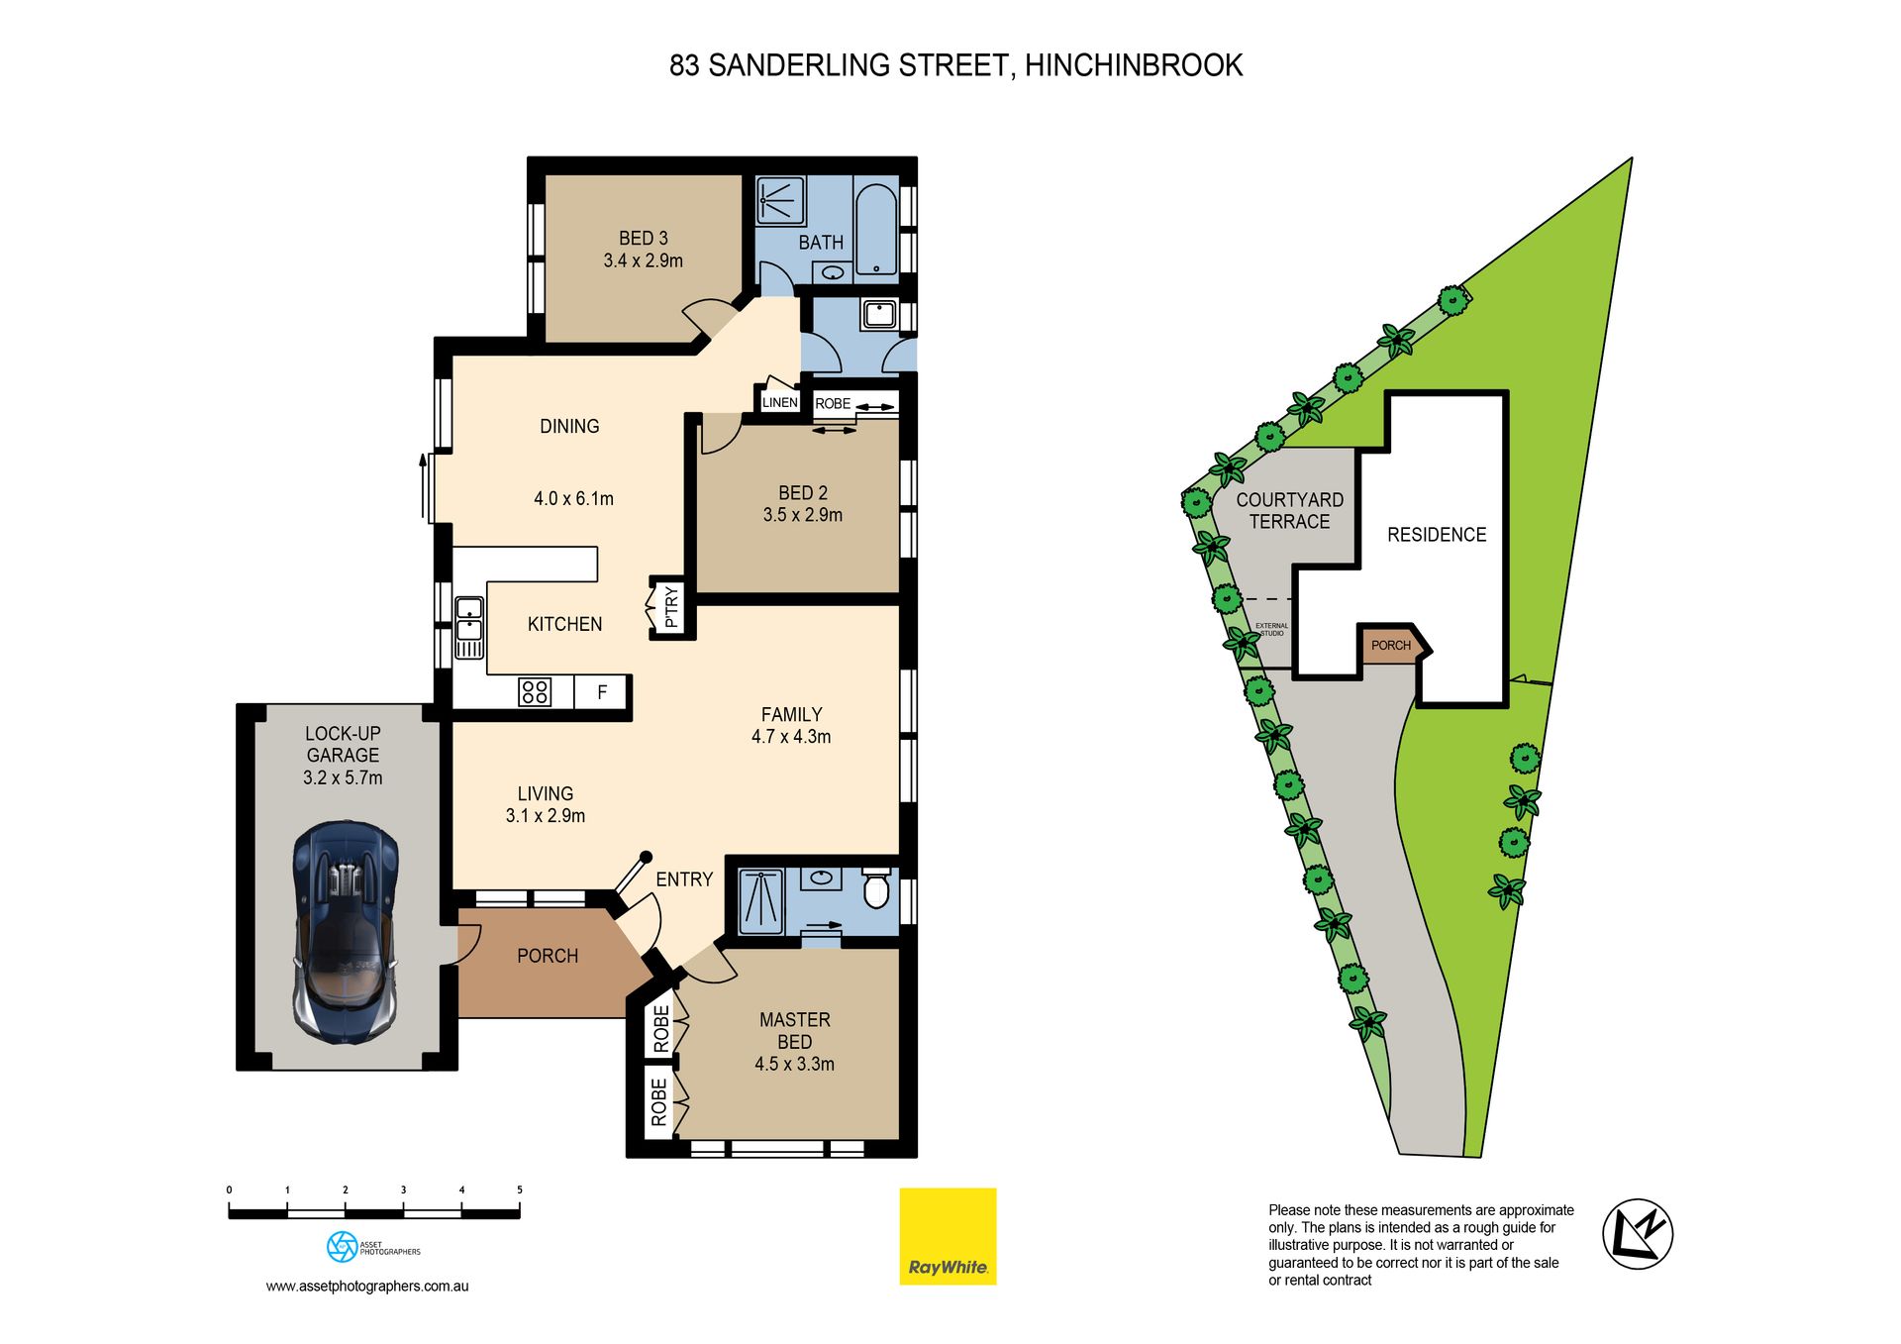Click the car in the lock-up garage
[x=346, y=931]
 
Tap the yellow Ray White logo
[x=948, y=1236]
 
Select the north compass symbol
[x=1638, y=1233]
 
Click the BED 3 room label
[x=644, y=239]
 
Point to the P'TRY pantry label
[x=671, y=607]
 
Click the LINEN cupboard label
[x=780, y=402]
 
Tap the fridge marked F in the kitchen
[x=602, y=692]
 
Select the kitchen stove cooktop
[x=535, y=691]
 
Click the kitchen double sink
[x=468, y=628]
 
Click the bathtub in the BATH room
[x=876, y=229]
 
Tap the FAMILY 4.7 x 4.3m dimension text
[x=791, y=737]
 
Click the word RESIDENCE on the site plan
[x=1437, y=535]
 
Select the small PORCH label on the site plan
[x=1391, y=646]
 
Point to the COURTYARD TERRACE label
[x=1290, y=511]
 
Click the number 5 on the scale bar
[x=519, y=1189]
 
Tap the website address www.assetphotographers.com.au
[x=367, y=1287]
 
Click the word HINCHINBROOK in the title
[x=1134, y=65]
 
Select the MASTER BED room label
[x=795, y=1031]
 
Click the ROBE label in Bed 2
[x=833, y=404]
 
